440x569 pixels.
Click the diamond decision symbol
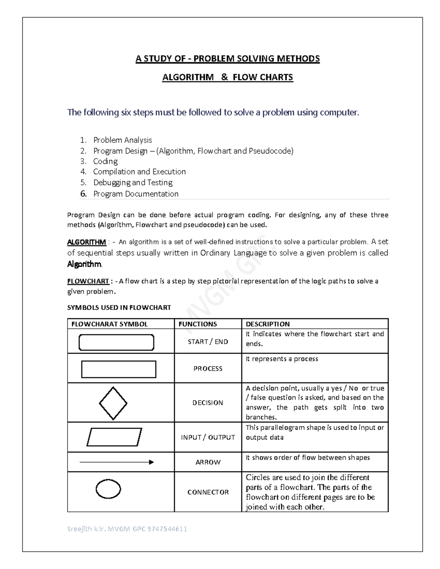pos(113,403)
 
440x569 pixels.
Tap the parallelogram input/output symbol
pos(114,437)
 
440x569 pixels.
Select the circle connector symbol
pos(108,489)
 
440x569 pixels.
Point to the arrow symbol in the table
pos(117,462)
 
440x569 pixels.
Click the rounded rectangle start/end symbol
pos(116,342)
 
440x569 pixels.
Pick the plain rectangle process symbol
pos(118,369)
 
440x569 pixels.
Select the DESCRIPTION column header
pos(268,324)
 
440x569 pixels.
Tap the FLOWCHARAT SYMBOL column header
pos(109,324)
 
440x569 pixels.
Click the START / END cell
pos(208,342)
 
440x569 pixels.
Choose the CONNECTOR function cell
pos(208,492)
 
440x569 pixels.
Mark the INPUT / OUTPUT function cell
pos(208,437)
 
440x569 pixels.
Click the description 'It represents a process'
pos(282,359)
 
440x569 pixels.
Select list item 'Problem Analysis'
pos(122,140)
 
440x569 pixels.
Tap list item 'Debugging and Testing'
pos(133,182)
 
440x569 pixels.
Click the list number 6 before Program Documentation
pos(84,194)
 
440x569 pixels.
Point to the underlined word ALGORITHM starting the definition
pos(87,242)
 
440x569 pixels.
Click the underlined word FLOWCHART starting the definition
pos(88,281)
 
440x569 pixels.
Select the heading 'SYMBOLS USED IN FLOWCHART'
pos(119,307)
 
